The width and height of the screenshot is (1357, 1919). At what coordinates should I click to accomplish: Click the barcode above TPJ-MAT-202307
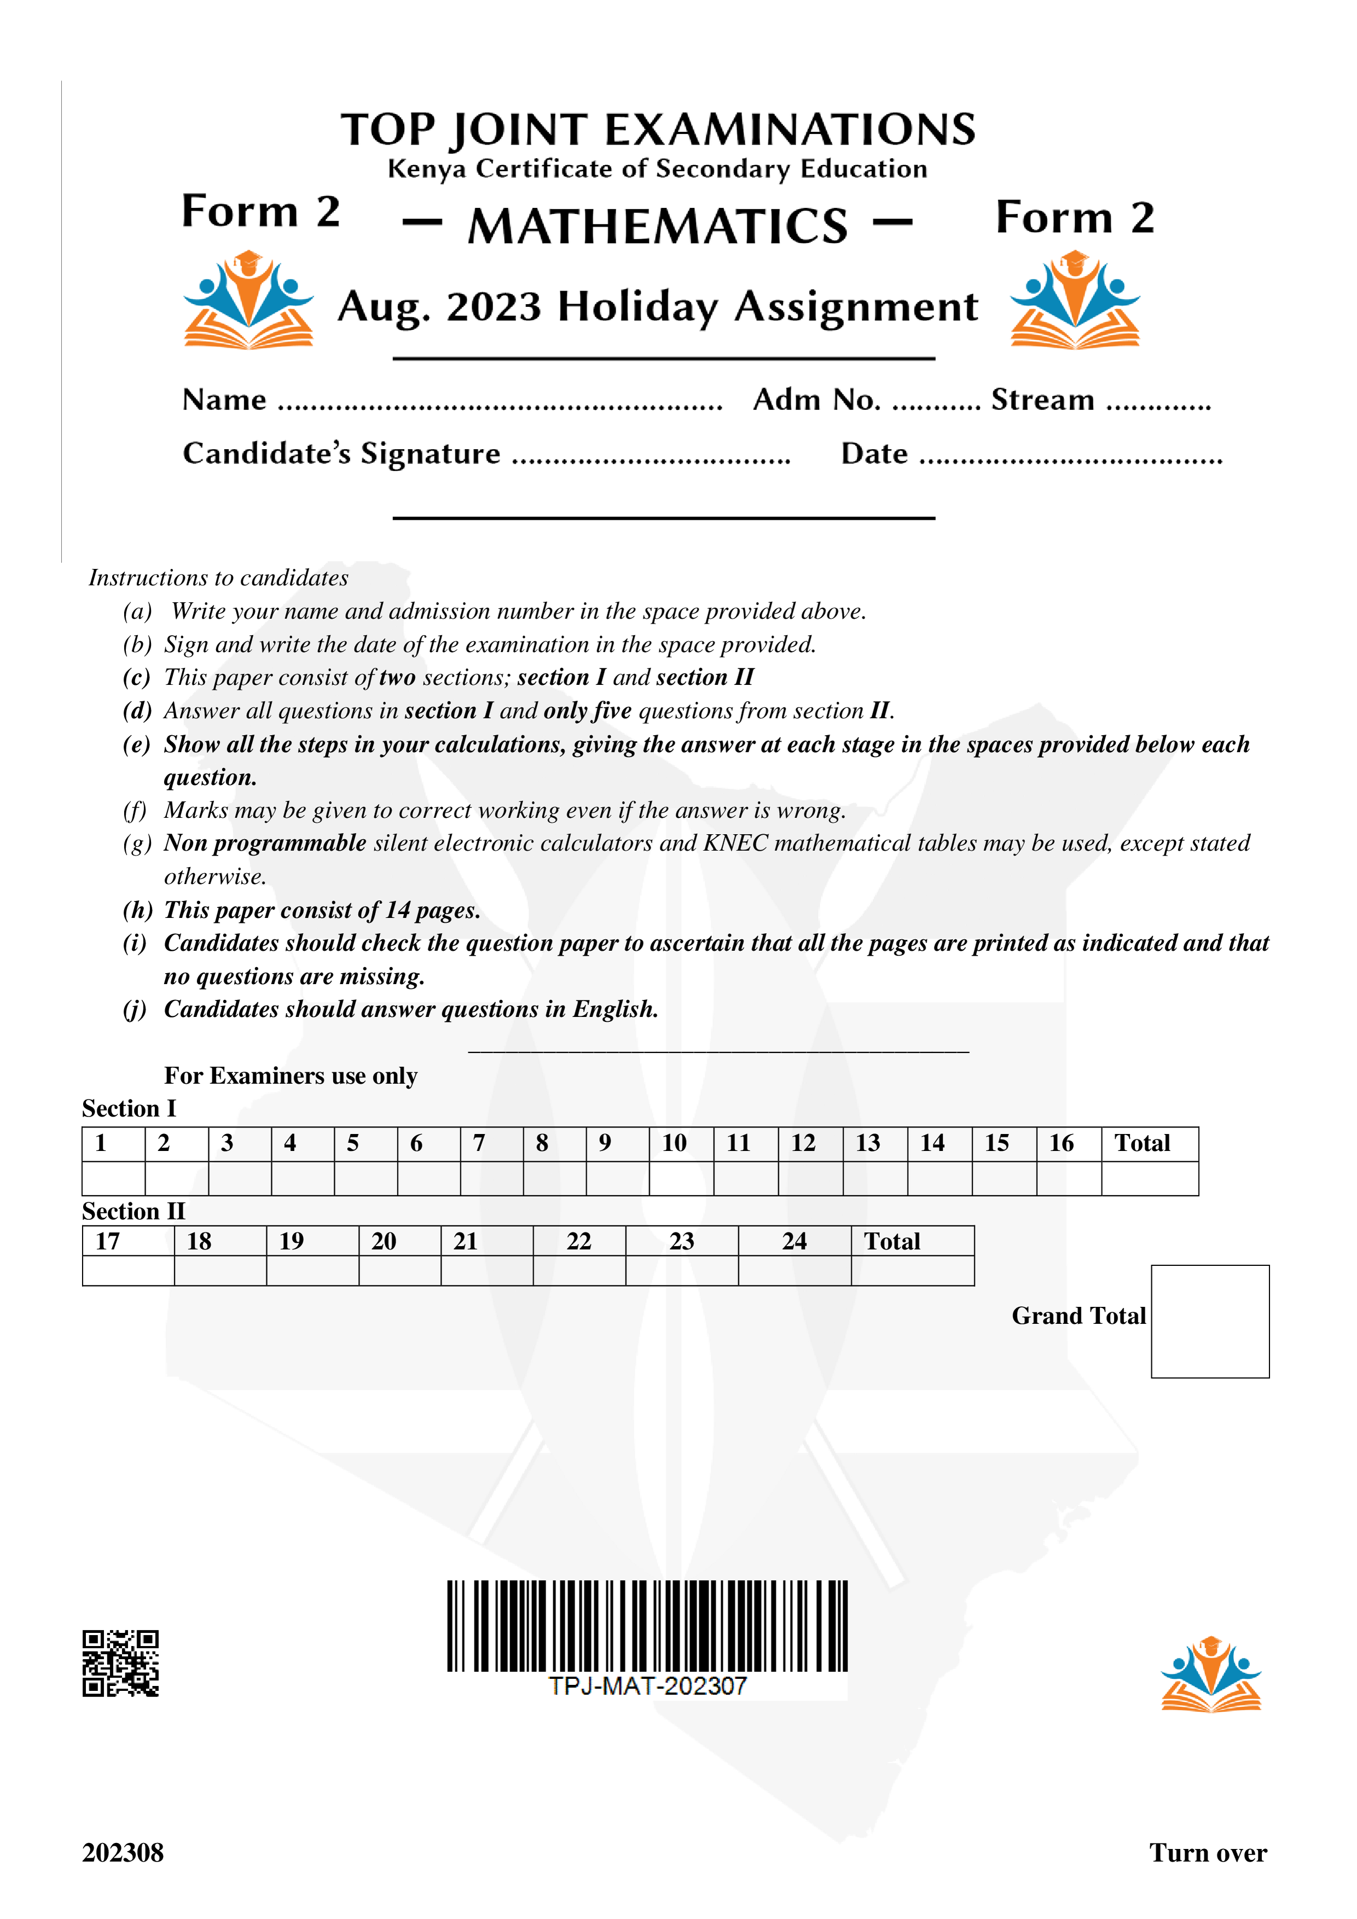pos(647,1626)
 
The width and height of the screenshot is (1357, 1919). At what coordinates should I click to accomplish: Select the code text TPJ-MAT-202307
pos(647,1686)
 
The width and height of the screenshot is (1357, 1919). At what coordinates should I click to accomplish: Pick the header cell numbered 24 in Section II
pos(795,1241)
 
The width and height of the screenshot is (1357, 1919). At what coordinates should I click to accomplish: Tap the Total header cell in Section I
pos(1149,1143)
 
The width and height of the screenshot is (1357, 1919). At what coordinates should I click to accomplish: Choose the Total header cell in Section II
pos(912,1241)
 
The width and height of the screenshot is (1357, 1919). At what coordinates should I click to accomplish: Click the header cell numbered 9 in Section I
pos(617,1143)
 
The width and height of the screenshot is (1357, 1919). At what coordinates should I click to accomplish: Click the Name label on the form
pos(224,400)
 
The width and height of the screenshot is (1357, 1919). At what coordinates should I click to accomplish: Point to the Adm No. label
pos(816,400)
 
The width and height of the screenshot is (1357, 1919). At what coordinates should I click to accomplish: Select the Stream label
pos(1042,400)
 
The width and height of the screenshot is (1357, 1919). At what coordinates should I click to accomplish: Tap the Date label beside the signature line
pos(874,454)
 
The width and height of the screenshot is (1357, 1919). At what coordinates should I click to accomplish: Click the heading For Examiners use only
pos(290,1075)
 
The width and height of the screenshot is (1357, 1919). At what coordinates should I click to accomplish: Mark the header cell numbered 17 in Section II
pos(128,1241)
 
